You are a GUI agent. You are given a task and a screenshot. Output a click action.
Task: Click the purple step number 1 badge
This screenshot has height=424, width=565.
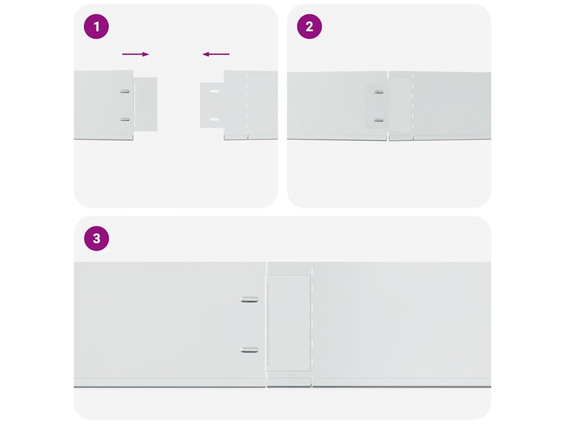(x=96, y=26)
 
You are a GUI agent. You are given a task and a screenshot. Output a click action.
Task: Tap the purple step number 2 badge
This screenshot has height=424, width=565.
(x=310, y=26)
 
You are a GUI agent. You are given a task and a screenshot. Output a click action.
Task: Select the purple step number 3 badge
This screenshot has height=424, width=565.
(x=97, y=239)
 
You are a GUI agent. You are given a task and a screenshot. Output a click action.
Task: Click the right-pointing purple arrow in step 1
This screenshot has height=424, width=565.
(x=136, y=55)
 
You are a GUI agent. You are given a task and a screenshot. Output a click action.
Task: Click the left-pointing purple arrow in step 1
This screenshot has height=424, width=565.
(x=216, y=55)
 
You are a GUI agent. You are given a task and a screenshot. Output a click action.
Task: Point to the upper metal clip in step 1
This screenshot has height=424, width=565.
(x=125, y=91)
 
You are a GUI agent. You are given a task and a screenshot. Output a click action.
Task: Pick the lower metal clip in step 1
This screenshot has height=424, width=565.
(x=125, y=119)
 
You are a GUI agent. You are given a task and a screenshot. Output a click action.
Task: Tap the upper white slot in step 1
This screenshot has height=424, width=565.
(x=214, y=92)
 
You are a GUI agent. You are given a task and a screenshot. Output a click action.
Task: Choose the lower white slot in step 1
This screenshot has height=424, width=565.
(x=214, y=119)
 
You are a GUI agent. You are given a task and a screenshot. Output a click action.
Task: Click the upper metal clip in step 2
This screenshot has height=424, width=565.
(x=379, y=92)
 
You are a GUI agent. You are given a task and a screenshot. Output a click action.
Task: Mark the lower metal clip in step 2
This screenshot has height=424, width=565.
(x=379, y=120)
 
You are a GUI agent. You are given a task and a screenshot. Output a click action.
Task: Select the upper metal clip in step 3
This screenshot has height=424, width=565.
(x=249, y=299)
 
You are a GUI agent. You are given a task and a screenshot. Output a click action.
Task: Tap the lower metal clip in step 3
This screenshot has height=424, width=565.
(x=249, y=349)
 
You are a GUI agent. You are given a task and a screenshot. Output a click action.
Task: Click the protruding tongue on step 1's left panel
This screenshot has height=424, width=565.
(x=146, y=104)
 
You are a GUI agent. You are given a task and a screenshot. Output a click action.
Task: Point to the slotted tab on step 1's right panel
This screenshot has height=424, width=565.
(x=212, y=105)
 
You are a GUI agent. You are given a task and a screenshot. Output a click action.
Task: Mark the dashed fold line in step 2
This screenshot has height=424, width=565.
(x=413, y=105)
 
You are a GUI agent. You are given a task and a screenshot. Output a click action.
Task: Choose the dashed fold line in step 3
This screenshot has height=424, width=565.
(x=312, y=325)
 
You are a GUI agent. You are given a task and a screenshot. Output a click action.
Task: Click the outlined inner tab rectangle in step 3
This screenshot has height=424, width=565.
(x=288, y=324)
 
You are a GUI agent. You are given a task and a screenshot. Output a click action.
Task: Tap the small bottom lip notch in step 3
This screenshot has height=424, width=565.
(x=289, y=382)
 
